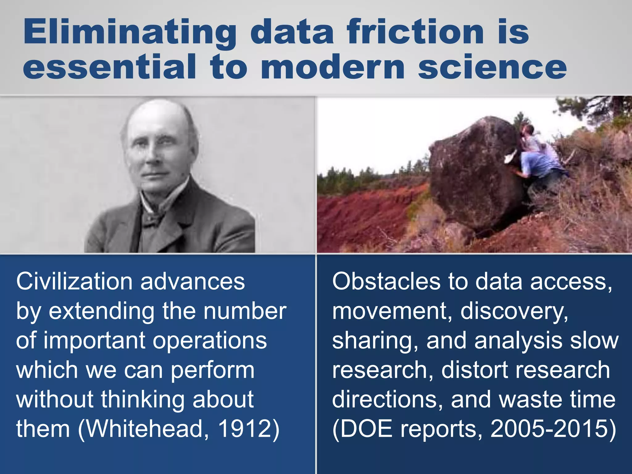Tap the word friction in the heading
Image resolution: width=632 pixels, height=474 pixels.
pyautogui.click(x=415, y=32)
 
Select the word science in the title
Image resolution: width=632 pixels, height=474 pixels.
pyautogui.click(x=492, y=67)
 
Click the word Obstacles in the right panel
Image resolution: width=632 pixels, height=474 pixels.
pyautogui.click(x=386, y=281)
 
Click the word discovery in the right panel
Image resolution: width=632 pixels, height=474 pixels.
pyautogui.click(x=513, y=311)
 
